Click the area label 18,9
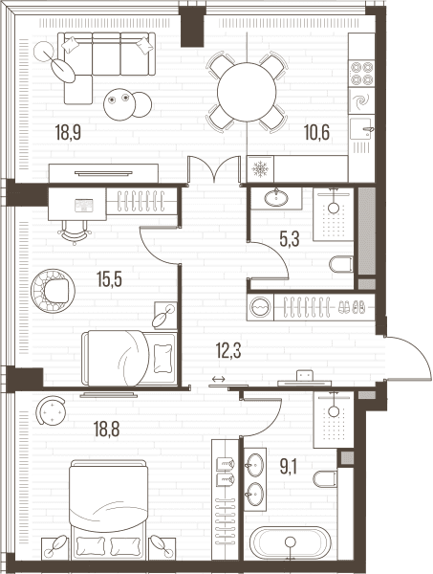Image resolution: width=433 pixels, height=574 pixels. pos(68,132)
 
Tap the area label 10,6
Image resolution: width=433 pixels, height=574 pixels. pos(316,132)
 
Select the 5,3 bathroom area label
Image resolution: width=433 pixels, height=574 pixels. pos(290,239)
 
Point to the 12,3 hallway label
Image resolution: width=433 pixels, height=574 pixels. pos(228,351)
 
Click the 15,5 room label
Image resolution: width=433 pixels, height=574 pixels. pos(109,279)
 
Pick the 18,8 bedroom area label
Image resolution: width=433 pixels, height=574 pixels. pos(106,429)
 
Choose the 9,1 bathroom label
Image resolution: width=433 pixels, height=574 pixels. pos(288,467)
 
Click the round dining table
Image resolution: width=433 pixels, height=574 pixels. pos(247,92)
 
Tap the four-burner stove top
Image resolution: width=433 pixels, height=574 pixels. pos(361,74)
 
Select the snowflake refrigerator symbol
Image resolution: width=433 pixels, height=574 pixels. pos(260,169)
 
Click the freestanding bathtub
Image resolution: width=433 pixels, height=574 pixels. pos(291,542)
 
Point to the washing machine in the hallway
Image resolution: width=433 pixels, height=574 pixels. pos(260,307)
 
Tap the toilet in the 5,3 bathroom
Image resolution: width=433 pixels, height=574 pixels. pos(341,264)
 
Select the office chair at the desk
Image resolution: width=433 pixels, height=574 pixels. pos(75,232)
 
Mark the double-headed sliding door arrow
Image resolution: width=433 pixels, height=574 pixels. pos(218,379)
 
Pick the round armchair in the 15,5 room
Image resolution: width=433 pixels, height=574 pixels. pos(53,291)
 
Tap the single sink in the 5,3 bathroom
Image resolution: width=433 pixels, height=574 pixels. pos(276,198)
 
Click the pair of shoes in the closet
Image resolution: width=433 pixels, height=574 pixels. pos(351,307)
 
